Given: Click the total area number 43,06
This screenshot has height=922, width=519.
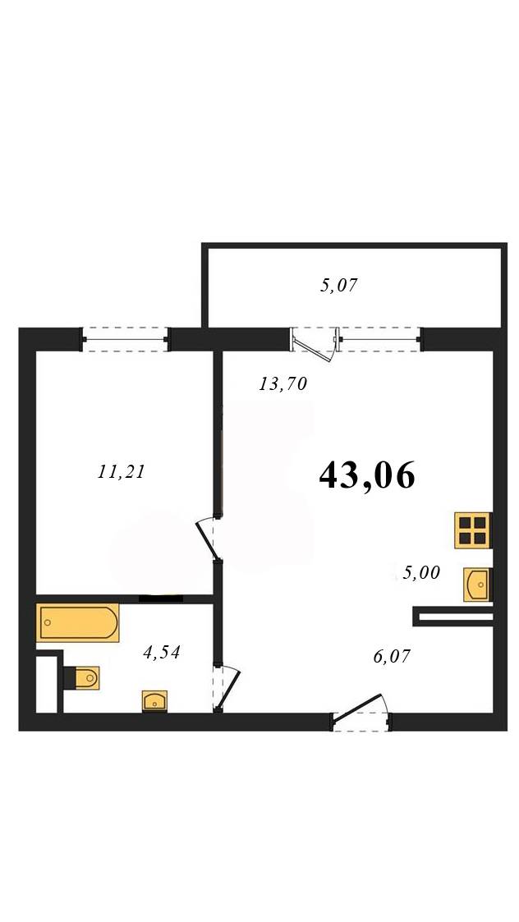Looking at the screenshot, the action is pos(367,475).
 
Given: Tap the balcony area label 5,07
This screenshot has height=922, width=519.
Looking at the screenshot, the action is pos(338,286).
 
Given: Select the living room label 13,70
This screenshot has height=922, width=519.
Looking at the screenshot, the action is pos(283,384).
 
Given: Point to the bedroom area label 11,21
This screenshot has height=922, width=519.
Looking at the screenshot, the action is pos(121,471).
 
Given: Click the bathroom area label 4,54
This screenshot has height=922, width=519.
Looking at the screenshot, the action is pos(161,652).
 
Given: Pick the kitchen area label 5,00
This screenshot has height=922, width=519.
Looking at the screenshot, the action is pos(421,572).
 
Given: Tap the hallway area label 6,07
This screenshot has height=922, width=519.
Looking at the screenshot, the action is pos(392,656).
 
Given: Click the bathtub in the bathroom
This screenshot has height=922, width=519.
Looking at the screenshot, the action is pos(78,622).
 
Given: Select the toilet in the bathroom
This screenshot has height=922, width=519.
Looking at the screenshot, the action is pos(82,678).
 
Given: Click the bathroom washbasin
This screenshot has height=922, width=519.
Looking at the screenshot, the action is pos(154,701).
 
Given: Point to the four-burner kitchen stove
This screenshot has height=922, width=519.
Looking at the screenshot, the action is pos(473,530).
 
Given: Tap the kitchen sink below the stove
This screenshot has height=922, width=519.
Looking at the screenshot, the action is pos(477,585).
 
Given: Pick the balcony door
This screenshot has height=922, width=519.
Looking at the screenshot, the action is pos(315,345).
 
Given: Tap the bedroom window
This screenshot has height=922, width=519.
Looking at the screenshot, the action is pos(125,339).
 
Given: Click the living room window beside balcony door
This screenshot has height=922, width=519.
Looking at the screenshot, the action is pos(379,339).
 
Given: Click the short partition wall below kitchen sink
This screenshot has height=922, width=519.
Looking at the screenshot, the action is pos(452,617).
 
